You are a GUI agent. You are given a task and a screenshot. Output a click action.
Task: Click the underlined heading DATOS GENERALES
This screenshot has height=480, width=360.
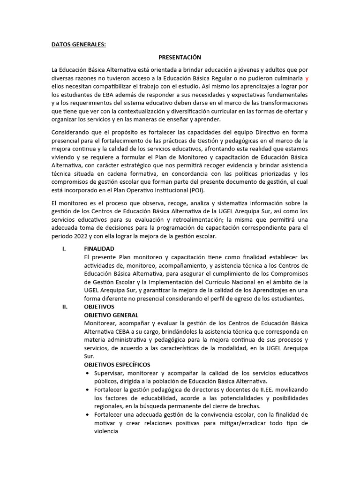click(79, 45)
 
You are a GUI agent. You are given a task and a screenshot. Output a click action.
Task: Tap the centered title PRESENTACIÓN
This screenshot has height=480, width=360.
click(180, 57)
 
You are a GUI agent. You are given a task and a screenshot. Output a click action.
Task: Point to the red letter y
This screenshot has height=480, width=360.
click(307, 78)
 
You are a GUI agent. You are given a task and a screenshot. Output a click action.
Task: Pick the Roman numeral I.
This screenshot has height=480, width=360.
click(64, 249)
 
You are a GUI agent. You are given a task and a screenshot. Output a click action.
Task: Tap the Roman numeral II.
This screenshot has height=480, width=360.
click(65, 307)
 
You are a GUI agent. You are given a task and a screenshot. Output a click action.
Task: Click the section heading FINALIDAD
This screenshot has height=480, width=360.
click(99, 249)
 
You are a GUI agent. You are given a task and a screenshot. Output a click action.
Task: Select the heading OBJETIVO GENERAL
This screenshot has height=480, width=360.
click(111, 315)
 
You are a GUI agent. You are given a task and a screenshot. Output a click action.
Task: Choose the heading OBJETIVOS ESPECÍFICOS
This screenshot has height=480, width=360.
click(117, 364)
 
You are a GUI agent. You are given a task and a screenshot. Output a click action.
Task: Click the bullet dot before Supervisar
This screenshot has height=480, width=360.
click(89, 373)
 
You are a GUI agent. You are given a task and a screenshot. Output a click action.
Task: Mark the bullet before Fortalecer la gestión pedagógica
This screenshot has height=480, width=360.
click(89, 390)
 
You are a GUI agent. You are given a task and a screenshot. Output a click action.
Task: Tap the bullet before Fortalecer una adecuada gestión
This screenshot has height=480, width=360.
click(89, 415)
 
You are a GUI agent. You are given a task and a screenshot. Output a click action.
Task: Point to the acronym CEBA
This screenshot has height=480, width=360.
click(120, 331)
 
